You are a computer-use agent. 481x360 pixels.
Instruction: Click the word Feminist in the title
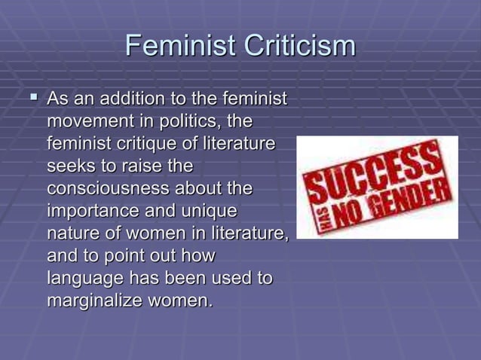(x=177, y=47)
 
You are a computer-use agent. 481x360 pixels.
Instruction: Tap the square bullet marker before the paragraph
(x=32, y=98)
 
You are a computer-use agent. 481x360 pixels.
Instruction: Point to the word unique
(x=209, y=209)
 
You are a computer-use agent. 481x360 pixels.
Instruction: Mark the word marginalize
(x=98, y=301)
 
